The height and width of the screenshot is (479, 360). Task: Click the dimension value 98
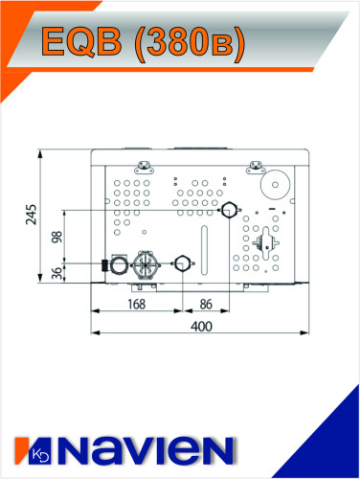[56, 237]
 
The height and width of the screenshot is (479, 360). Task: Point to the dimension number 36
[56, 273]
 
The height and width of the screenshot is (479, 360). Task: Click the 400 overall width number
[200, 327]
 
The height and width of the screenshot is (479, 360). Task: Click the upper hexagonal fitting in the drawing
[229, 210]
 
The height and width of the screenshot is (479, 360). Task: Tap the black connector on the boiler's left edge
[104, 263]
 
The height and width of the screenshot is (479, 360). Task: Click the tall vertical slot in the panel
[204, 251]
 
